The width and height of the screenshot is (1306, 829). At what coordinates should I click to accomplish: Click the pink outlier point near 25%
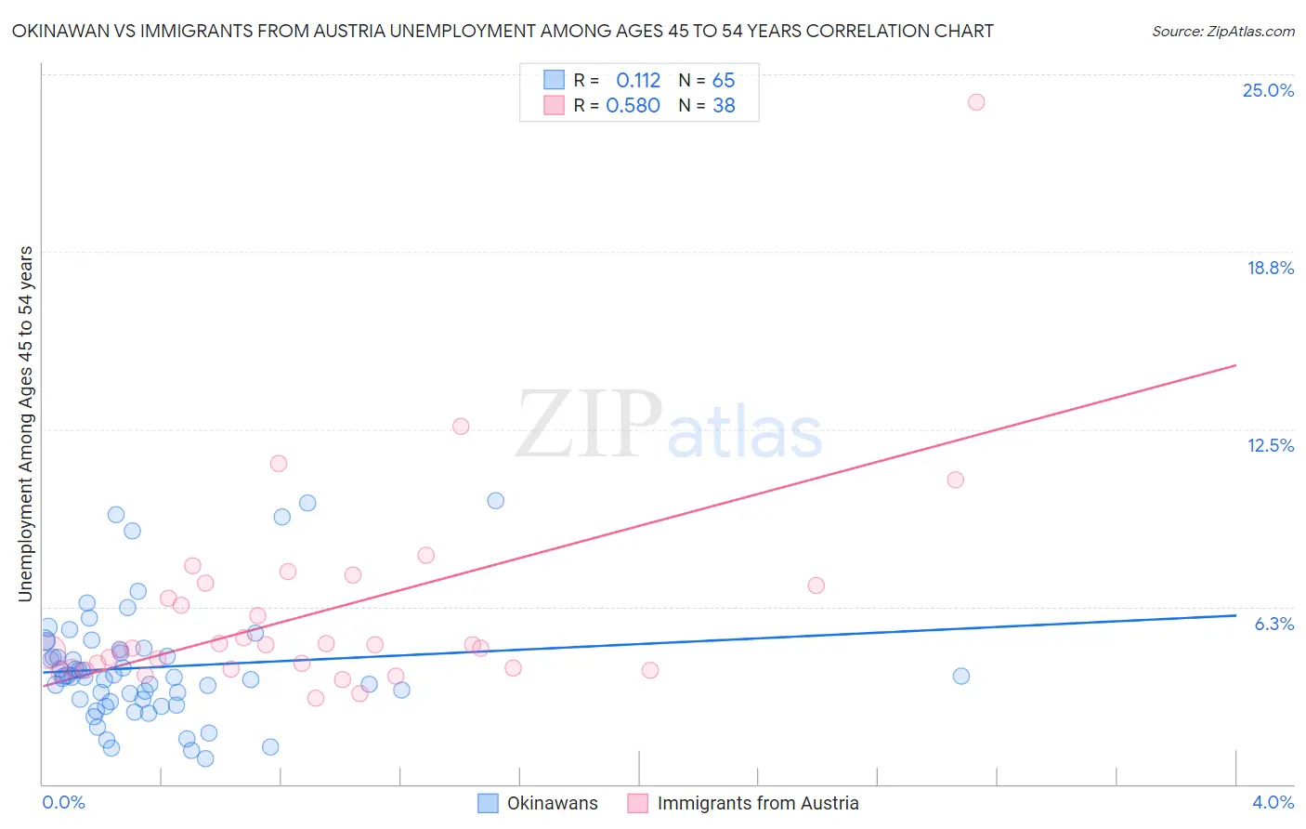point(975,102)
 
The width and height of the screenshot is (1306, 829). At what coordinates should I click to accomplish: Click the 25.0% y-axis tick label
point(1268,90)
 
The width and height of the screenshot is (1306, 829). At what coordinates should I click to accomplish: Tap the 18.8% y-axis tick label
point(1270,268)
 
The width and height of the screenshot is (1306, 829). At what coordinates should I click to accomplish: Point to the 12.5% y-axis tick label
point(1270,445)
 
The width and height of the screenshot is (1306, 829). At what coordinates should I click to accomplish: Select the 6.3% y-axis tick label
point(1273,624)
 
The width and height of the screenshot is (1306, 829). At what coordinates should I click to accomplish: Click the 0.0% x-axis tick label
point(63,802)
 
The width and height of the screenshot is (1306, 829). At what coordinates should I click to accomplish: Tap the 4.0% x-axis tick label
point(1273,802)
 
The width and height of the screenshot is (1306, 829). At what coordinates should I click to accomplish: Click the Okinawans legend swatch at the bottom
point(488,803)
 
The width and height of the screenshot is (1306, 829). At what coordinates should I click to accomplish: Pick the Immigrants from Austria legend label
point(758,803)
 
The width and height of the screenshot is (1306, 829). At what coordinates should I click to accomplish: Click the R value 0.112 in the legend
point(638,81)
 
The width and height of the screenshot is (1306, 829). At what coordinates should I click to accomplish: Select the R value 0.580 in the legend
point(633,106)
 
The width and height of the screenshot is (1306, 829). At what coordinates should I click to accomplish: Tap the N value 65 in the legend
point(724,81)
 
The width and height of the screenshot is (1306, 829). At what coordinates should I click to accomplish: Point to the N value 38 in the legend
point(724,106)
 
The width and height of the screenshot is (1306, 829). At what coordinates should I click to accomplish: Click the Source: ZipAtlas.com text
point(1222,32)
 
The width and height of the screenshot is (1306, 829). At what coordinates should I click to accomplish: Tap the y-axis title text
point(25,424)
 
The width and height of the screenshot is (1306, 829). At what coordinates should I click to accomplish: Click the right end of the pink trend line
point(1235,365)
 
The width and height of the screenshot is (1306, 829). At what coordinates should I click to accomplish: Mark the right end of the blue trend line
point(1235,615)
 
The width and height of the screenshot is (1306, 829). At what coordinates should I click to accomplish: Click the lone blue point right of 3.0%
point(960,676)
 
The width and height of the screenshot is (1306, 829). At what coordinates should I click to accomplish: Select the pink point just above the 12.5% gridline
point(461,427)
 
